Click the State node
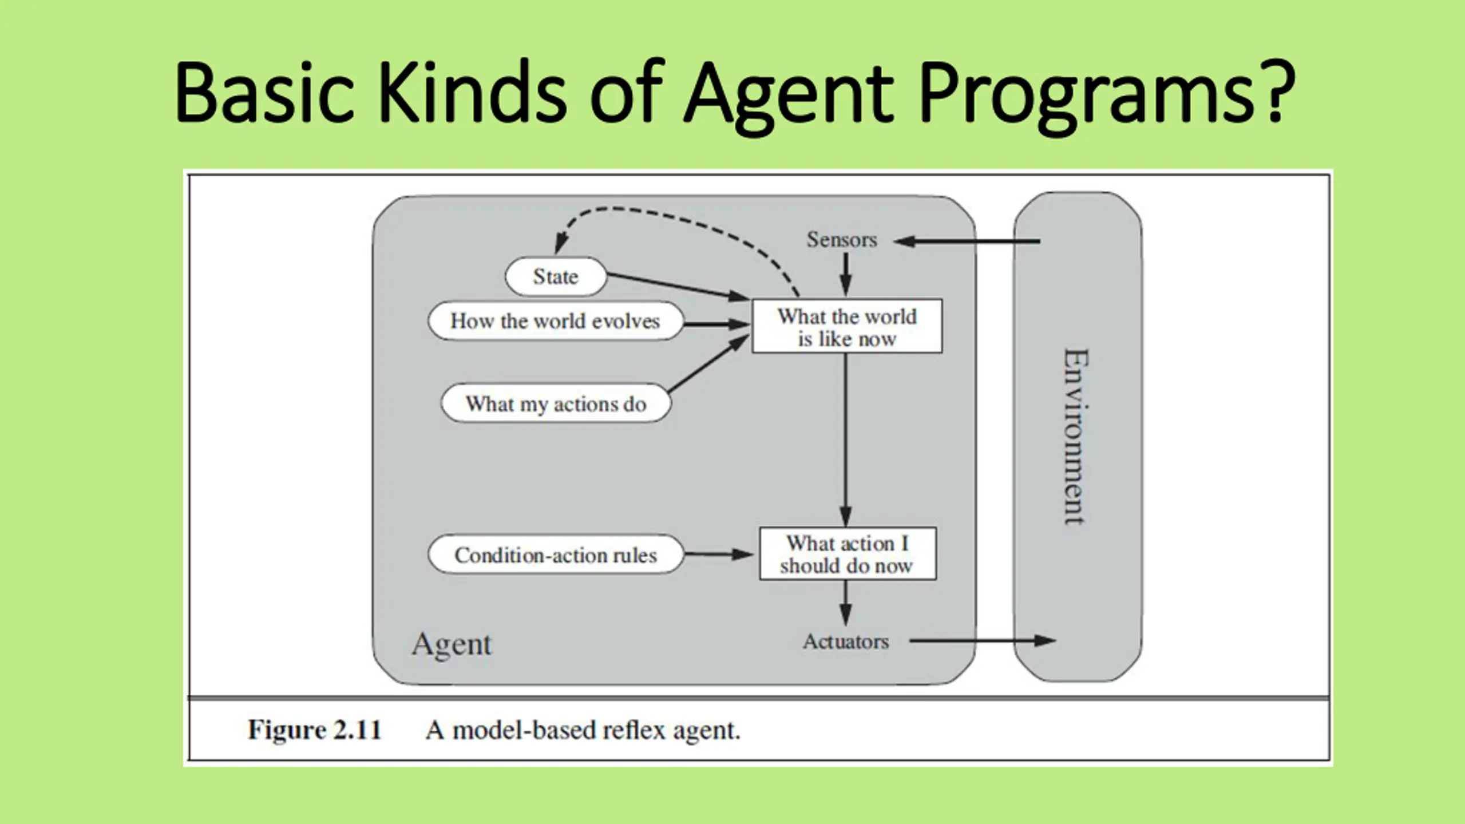click(x=556, y=276)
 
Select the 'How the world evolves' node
click(x=556, y=321)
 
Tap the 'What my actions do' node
click(x=556, y=403)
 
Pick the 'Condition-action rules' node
click(x=556, y=554)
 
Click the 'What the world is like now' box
click(x=847, y=326)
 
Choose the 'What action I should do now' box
click(x=848, y=554)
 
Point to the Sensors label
click(x=842, y=239)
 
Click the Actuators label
click(x=846, y=641)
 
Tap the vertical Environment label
click(x=1076, y=437)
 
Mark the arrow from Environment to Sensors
click(x=967, y=241)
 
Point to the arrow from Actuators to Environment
click(x=983, y=641)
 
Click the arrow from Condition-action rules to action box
click(x=719, y=554)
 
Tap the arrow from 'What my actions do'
click(x=708, y=363)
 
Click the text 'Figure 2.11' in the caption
click(x=314, y=730)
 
